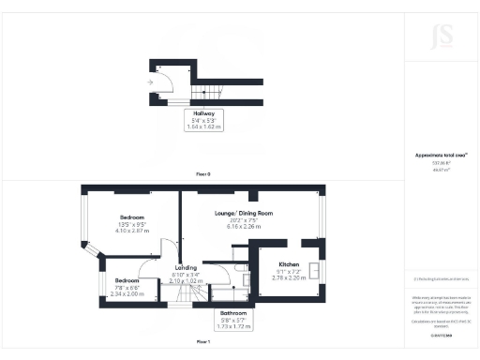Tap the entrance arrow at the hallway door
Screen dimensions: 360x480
150,82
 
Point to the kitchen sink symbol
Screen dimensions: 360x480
314,272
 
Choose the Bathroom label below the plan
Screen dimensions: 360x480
233,312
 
